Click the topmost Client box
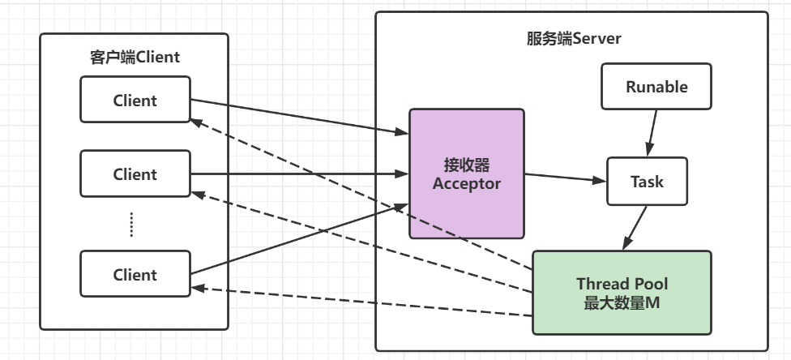pos(135,101)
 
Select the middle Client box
pos(135,174)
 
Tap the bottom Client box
pos(135,274)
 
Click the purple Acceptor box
pos(466,174)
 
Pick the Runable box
pos(656,87)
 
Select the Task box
pos(647,181)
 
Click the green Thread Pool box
pos(621,293)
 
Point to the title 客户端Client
pos(135,58)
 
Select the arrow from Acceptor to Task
pos(566,178)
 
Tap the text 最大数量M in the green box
pos(621,303)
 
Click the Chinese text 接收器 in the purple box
pos(466,165)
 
